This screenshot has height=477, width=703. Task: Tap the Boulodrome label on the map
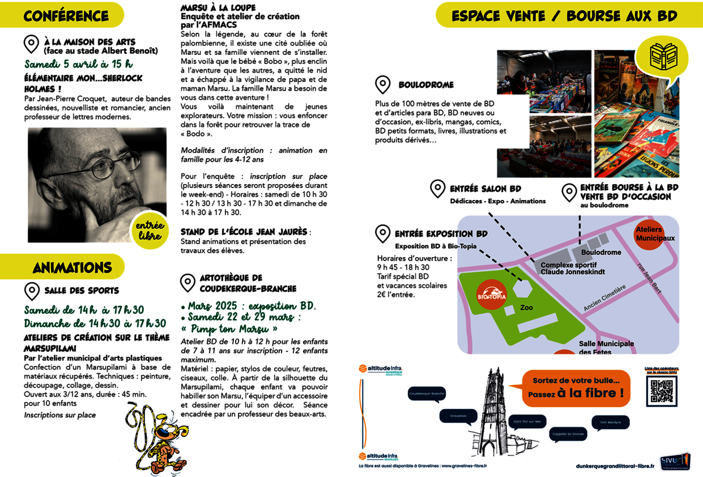pyautogui.click(x=600, y=252)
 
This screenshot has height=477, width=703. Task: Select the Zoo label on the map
pyautogui.click(x=526, y=308)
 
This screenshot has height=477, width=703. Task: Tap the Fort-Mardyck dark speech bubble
pyautogui.click(x=610, y=423)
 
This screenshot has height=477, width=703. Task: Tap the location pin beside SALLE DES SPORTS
pyautogui.click(x=32, y=291)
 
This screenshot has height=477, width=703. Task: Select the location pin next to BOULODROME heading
pyautogui.click(x=383, y=85)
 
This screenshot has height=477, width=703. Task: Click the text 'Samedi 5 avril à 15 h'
pyautogui.click(x=78, y=64)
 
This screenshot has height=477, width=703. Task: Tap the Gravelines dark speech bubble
pyautogui.click(x=458, y=416)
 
